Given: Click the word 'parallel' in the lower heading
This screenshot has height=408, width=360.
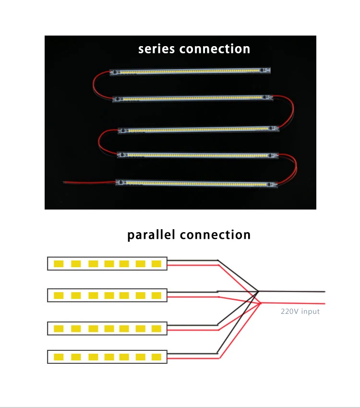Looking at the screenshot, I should pos(151,235).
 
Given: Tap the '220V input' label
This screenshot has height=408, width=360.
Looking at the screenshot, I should pos(300,311).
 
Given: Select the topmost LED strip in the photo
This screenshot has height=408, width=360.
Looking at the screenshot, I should pos(190,71).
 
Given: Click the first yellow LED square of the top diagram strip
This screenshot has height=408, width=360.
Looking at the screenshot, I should pos(59,264).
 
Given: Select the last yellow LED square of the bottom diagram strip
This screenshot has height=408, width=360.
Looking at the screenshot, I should pos(156,357).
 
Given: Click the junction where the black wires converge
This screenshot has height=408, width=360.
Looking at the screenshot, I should pos(258,291).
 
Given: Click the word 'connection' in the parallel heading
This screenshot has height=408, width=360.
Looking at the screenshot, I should pos(215,235).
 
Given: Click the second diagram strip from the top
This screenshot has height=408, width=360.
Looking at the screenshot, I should pos(107,295).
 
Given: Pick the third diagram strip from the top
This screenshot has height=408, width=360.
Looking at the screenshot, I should pos(107,328).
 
